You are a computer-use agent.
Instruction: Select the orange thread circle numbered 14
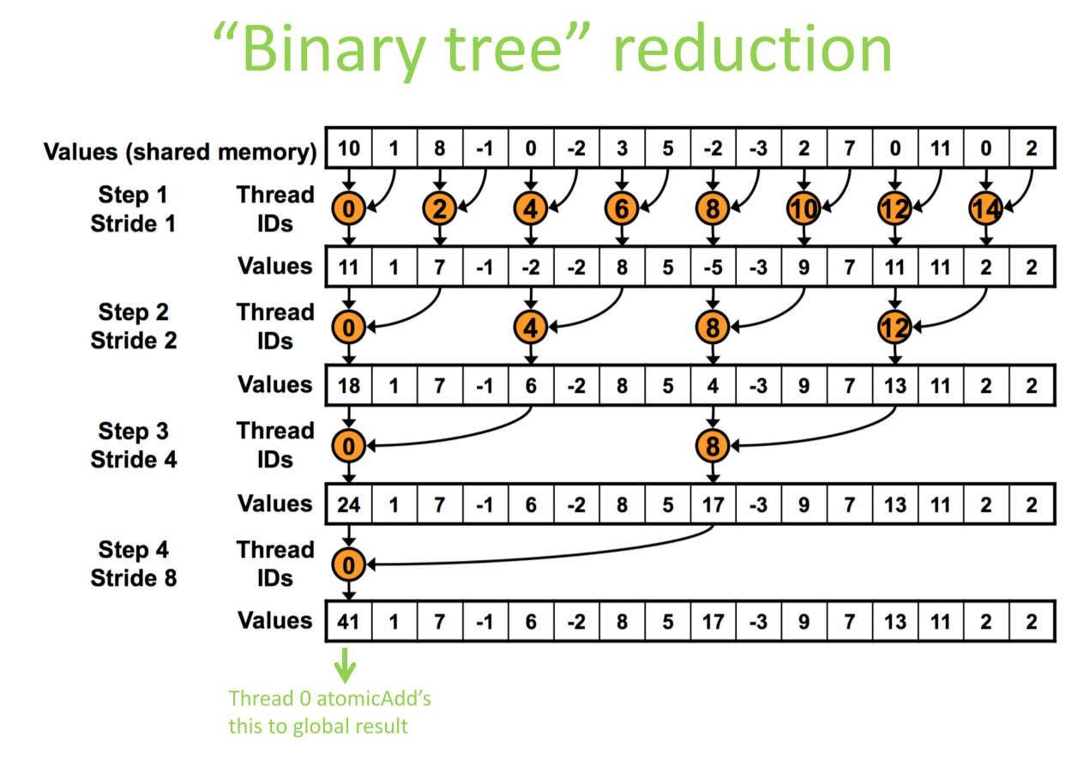(x=985, y=208)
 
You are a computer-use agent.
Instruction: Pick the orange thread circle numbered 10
(x=804, y=208)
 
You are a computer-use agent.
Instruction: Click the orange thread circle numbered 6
(x=622, y=208)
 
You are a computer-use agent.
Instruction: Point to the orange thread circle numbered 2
(x=439, y=208)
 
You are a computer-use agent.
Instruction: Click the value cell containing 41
(x=349, y=622)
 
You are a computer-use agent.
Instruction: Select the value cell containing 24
(x=349, y=504)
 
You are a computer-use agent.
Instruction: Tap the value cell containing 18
(x=349, y=385)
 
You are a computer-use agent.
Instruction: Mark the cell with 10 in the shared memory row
(x=349, y=148)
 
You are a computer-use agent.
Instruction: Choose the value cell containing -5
(x=713, y=267)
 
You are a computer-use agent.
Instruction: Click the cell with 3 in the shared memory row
(x=622, y=148)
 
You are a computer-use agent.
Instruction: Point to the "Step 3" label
(x=133, y=431)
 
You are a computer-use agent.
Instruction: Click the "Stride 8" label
(x=133, y=577)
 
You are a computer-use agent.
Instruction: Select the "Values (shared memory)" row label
(x=180, y=152)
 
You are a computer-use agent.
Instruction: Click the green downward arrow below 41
(x=345, y=666)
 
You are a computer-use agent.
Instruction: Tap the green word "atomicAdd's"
(x=374, y=698)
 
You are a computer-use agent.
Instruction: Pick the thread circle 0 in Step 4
(x=348, y=564)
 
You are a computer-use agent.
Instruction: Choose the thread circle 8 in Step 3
(x=713, y=446)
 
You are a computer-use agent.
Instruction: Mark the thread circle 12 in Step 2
(x=894, y=327)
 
